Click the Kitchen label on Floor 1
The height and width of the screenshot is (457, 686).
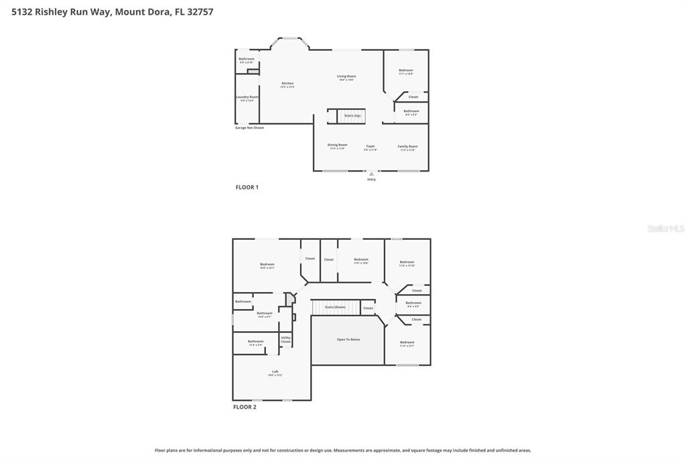(287, 84)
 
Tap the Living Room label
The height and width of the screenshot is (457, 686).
(346, 77)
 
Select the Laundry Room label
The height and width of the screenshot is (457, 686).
(247, 98)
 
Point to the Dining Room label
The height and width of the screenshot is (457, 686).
(337, 146)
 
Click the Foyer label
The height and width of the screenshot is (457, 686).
(370, 147)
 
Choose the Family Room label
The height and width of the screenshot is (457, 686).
(407, 147)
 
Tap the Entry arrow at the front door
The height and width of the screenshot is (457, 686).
(371, 174)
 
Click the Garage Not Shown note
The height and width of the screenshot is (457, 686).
(249, 127)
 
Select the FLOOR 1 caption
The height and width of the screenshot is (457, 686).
(247, 187)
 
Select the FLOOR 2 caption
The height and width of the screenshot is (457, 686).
(245, 407)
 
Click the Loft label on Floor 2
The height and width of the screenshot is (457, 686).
(275, 373)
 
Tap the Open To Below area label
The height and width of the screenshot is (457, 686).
(348, 340)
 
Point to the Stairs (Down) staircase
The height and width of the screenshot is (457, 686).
(335, 307)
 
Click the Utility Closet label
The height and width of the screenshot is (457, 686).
(285, 340)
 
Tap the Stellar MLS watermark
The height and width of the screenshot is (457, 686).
(665, 228)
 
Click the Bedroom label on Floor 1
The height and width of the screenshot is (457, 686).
(406, 71)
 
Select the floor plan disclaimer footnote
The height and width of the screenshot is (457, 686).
(343, 450)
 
